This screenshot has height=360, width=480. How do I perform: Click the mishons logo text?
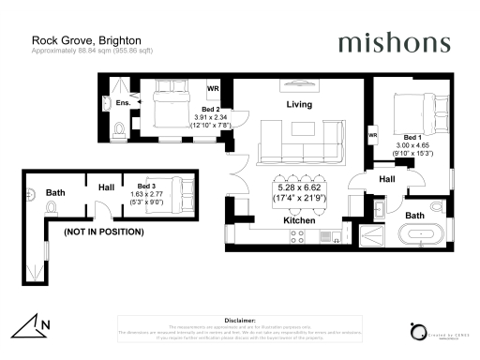[394, 42]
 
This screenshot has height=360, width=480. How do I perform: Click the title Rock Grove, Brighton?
[73, 40]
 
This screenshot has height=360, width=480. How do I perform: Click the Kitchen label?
[298, 219]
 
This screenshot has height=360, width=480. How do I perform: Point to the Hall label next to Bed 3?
[105, 187]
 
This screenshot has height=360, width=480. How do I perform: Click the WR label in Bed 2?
[213, 91]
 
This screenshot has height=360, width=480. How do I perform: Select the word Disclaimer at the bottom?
[240, 319]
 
